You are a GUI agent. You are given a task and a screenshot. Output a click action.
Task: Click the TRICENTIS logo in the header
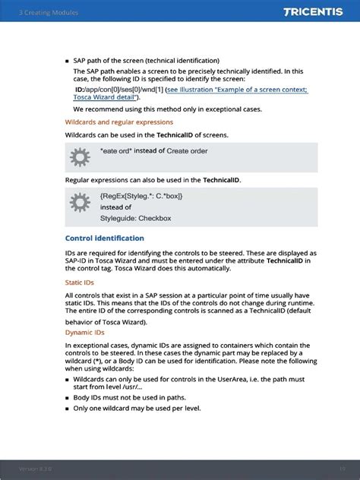[315, 12]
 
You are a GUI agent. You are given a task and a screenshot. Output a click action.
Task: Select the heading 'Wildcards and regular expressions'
[118, 122]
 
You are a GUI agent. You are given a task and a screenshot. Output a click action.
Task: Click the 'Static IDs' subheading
[80, 283]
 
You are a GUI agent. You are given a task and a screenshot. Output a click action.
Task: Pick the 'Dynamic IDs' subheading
[84, 332]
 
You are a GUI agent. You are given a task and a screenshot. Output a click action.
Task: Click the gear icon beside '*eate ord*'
[80, 157]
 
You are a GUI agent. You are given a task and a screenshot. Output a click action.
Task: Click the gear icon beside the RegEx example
[80, 203]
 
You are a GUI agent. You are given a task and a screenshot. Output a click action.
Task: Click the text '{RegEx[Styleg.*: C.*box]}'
[141, 196]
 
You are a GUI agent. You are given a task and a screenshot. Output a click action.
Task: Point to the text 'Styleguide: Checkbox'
[135, 218]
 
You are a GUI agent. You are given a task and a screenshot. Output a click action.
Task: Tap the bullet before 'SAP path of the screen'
[67, 61]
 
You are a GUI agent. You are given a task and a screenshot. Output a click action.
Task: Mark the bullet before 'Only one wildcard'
[67, 408]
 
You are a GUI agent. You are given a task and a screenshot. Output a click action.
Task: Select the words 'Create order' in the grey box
[187, 151]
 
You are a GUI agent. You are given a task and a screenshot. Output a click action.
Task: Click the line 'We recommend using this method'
[163, 109]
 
